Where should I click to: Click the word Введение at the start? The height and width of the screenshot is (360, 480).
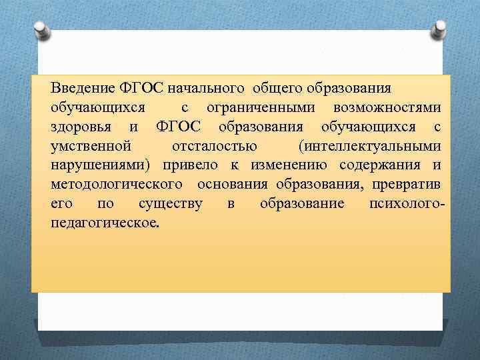83,88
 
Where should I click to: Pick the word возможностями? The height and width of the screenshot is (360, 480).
387,107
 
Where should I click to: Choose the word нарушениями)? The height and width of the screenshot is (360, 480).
101,165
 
